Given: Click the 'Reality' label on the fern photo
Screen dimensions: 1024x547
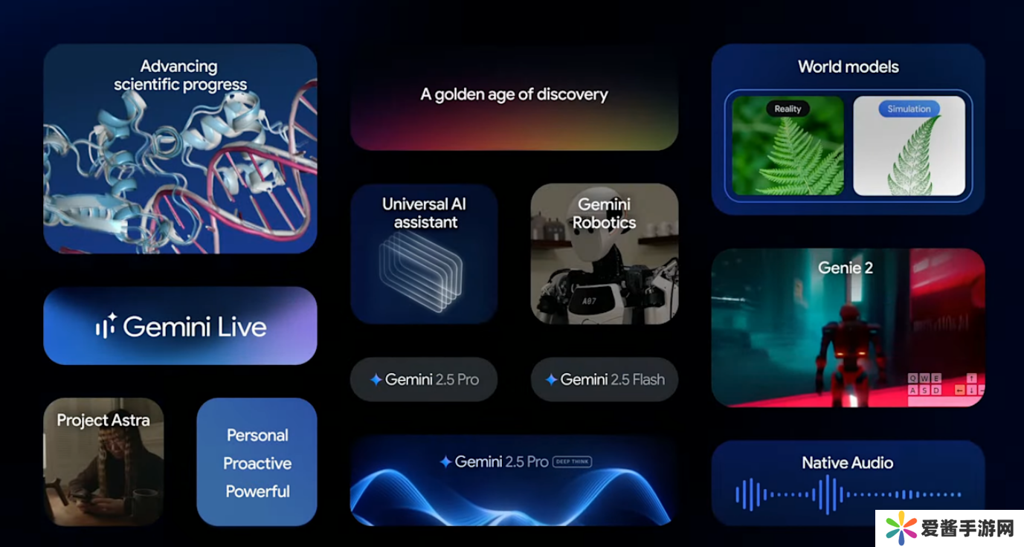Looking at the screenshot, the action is (788, 109).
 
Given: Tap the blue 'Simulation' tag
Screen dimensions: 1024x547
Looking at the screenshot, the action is (909, 109).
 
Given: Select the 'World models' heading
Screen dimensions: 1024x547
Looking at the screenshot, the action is (848, 67).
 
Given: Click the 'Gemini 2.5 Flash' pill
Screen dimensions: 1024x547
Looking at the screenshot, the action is (605, 379).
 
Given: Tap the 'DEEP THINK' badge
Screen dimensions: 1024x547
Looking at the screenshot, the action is (573, 462).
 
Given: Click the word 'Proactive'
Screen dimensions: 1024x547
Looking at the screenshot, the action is (257, 463).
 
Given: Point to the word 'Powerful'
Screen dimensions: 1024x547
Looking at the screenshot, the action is (257, 491).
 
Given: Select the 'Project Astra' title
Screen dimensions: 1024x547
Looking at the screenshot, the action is (103, 421).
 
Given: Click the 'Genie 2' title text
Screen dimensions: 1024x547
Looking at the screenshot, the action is (846, 268).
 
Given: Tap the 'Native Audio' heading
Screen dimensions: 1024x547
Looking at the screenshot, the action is (848, 462).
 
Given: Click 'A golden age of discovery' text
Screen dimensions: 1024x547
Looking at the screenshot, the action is (515, 94).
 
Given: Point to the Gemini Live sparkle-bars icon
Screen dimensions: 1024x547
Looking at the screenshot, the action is (106, 326).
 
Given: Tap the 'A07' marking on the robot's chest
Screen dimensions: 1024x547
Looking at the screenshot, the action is (589, 301).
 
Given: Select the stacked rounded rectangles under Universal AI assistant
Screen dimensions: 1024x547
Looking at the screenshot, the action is (421, 272).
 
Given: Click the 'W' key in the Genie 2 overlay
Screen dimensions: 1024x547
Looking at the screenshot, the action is (924, 378).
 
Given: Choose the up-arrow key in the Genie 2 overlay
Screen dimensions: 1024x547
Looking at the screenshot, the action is (971, 378).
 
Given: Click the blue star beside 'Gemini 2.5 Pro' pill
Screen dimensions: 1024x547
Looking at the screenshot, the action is (376, 379).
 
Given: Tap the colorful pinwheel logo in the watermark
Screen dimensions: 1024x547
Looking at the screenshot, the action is (900, 528).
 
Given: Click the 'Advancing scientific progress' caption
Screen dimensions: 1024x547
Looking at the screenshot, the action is (180, 75).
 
